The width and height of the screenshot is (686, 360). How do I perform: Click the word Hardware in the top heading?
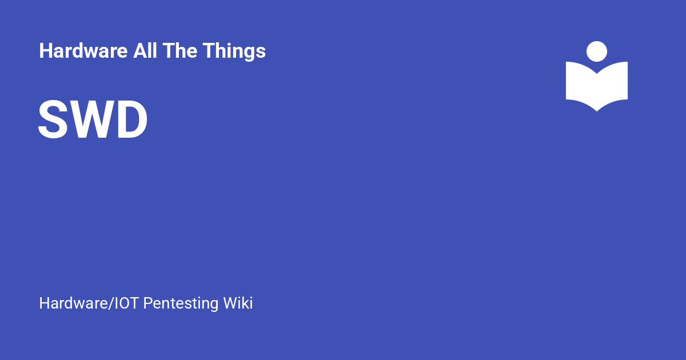(83, 51)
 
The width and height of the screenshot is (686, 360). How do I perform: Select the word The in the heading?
(181, 51)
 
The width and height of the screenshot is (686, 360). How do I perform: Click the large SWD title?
(93, 120)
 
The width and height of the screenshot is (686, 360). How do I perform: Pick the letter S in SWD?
(52, 120)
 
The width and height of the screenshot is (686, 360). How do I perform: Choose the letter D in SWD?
(132, 120)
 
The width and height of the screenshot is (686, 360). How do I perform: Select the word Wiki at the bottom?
(238, 303)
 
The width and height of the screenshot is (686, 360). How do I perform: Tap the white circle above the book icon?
(597, 51)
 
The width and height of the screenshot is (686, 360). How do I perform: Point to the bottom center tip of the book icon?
(597, 109)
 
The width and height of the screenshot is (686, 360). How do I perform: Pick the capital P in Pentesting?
(147, 303)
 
